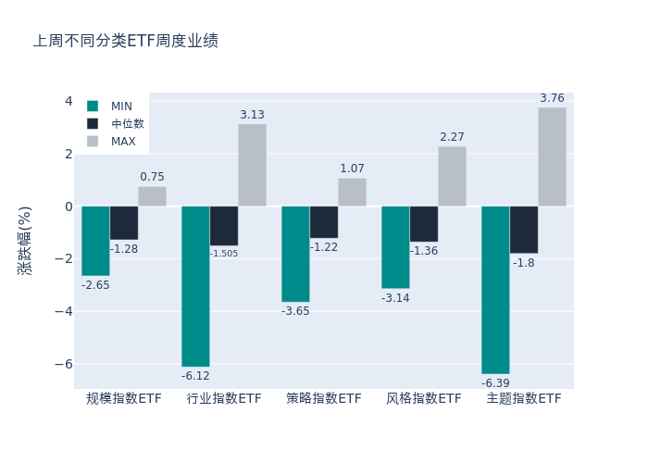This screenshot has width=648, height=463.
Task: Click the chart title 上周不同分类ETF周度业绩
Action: point(126,41)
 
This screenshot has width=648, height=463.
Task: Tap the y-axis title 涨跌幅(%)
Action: point(25,241)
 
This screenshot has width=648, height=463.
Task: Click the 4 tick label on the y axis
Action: point(68,101)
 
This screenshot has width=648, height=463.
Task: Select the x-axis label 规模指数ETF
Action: point(124,399)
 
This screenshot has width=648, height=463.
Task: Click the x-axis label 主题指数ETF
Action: point(524,399)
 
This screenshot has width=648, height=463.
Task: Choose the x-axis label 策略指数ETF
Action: point(324,399)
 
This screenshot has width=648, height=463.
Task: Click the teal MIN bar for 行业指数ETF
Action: point(195,286)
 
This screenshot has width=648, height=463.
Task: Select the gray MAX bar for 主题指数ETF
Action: point(552,156)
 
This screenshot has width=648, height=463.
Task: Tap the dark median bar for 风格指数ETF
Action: point(424,224)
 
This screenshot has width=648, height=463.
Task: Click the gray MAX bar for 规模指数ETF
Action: point(152,196)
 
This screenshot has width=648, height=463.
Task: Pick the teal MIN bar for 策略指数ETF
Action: point(295,254)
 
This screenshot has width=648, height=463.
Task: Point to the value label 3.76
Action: point(552,98)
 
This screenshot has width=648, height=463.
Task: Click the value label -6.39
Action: point(495,382)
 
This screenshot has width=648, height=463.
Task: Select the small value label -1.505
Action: point(224,254)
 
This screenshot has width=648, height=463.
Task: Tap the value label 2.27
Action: point(452,137)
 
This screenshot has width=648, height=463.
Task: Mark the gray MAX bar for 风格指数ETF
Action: point(452,176)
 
